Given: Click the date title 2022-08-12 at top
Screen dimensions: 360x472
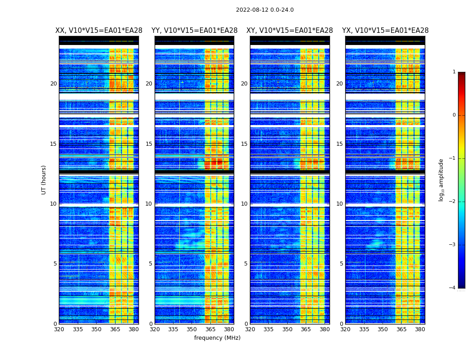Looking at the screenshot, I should click(264, 10).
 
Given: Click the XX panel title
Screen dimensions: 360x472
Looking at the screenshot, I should click(99, 31).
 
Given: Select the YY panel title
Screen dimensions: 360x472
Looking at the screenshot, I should click(194, 31).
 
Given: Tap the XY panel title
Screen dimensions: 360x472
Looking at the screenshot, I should click(289, 31).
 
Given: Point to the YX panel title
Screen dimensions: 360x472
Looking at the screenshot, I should click(385, 31).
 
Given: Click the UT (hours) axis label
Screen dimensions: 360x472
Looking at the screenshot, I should click(44, 180).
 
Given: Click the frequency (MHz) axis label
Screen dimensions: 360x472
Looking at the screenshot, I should click(217, 338).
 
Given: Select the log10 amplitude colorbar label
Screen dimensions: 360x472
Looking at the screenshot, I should click(441, 180).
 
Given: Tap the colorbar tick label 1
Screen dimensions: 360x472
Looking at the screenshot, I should click(454, 72).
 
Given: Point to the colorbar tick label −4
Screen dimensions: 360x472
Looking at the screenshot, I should click(453, 288).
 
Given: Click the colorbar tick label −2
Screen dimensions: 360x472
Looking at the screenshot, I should click(453, 202).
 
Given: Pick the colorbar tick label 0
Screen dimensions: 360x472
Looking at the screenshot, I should click(454, 115).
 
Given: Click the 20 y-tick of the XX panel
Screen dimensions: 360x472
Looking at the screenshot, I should click(53, 84).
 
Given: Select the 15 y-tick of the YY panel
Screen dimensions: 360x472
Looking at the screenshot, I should click(149, 144).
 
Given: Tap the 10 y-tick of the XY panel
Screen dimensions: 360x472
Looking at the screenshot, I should click(244, 204).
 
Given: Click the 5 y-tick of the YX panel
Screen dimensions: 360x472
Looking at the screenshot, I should click(341, 264).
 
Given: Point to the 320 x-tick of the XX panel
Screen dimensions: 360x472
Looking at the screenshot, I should click(59, 329).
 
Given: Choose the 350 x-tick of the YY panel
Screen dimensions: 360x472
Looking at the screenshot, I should click(192, 329).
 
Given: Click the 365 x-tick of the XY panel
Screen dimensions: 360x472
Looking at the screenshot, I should click(306, 329).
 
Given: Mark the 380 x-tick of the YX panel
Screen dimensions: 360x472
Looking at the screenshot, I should click(420, 329).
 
